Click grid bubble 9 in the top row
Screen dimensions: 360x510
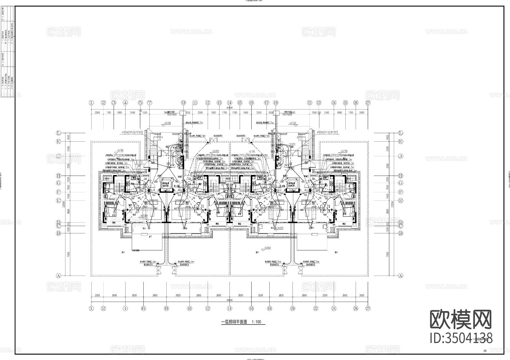pyautogui.click(x=183, y=103)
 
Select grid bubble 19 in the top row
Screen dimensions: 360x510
pyautogui.click(x=276, y=103)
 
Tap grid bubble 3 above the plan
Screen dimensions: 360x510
pyautogui.click(x=114, y=103)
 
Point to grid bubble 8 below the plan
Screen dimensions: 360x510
pyautogui.click(x=166, y=309)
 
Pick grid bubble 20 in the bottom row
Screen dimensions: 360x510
pyautogui.click(x=293, y=309)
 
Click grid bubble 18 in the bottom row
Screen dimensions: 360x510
pyautogui.click(x=270, y=309)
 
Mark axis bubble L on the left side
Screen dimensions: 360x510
pyautogui.click(x=59, y=133)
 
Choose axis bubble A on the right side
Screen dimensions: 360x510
pyautogui.click(x=401, y=276)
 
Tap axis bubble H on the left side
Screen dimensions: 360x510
pyautogui.click(x=59, y=176)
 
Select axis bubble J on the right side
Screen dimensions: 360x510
pyautogui.click(x=401, y=156)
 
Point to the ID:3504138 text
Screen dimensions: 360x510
pyautogui.click(x=461, y=338)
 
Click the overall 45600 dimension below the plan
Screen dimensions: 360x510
pyautogui.click(x=229, y=300)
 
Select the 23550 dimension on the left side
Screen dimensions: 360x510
pyautogui.click(x=67, y=205)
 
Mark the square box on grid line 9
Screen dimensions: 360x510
pyautogui.click(x=183, y=113)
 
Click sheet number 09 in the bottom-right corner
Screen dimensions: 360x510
pyautogui.click(x=485, y=351)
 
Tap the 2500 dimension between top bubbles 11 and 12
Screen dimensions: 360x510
pyautogui.click(x=200, y=113)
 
